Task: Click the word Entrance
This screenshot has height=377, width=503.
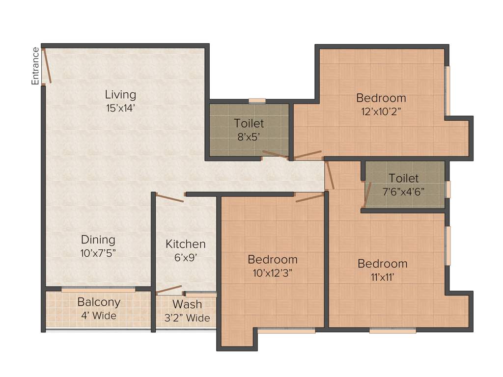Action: click(35, 66)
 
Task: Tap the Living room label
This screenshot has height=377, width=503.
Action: click(120, 94)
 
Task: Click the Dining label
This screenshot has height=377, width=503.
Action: click(98, 240)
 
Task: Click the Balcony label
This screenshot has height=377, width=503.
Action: click(99, 302)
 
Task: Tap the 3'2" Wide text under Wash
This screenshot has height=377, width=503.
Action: click(187, 318)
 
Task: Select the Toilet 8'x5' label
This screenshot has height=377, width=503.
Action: click(249, 124)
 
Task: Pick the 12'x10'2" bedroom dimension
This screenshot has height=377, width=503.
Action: click(381, 111)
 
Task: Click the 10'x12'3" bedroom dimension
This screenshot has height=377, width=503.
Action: click(272, 273)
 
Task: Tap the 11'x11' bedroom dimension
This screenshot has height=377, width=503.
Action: click(382, 277)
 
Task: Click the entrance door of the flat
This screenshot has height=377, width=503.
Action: click(46, 65)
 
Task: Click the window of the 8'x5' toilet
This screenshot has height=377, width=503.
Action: click(257, 101)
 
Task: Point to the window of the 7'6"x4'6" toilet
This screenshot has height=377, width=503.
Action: click(447, 189)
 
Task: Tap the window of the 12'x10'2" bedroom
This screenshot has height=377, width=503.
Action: click(447, 91)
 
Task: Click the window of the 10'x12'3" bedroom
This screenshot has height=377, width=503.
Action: click(286, 331)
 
